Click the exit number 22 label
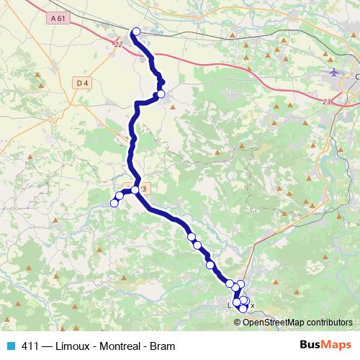tap(119, 45)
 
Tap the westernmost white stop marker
tap(114, 203)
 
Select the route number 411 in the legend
tap(31, 346)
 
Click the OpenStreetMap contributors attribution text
tap(298, 322)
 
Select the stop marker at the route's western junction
tap(135, 190)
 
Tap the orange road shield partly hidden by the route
tap(143, 189)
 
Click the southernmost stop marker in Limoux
tap(243, 308)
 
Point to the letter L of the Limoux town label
tap(230, 305)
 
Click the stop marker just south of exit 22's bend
tap(161, 94)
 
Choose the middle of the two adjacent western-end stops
tap(120, 196)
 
